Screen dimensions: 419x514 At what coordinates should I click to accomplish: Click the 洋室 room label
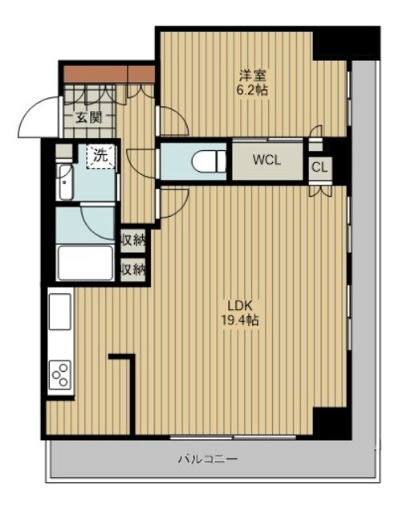coord(252,75)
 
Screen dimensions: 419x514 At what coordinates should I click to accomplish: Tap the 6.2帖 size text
coord(252,90)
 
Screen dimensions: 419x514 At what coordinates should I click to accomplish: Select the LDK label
coord(240,306)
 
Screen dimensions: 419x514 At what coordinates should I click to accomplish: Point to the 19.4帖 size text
coord(240,320)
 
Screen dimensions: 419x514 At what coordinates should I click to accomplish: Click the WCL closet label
coord(266,160)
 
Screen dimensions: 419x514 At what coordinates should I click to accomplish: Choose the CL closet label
coord(319,168)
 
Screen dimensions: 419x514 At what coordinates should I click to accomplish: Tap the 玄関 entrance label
coord(89,117)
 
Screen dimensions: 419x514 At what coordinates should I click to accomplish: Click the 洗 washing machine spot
coord(100,156)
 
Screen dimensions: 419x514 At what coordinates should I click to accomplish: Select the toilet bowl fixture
coord(209,161)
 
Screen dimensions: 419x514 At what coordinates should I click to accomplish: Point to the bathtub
coord(85,263)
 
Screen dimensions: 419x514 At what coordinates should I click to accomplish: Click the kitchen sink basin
coord(60,312)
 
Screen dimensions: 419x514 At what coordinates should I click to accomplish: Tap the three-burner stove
coord(60,374)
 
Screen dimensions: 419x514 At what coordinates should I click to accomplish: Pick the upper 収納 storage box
coord(132,241)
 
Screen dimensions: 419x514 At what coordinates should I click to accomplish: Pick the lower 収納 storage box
coord(132,270)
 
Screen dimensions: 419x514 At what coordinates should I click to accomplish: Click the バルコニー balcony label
coord(208,459)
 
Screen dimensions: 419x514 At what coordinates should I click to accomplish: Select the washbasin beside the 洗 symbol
coord(66,182)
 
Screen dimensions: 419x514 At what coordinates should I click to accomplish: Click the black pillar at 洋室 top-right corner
coord(346,43)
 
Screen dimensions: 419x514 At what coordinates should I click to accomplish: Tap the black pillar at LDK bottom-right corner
coord(332,423)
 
